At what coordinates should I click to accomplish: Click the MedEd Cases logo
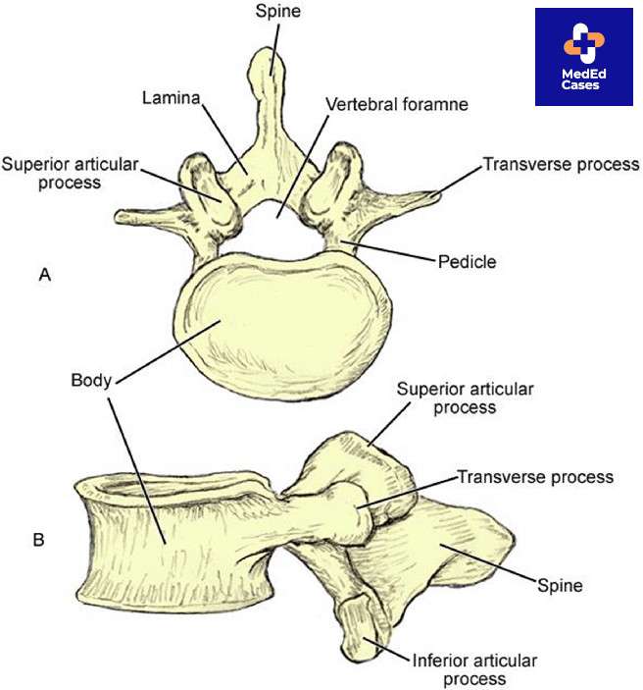pyautogui.click(x=583, y=57)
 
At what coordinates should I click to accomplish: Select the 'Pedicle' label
pyautogui.click(x=467, y=262)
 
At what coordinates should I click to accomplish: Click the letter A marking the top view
pyautogui.click(x=44, y=276)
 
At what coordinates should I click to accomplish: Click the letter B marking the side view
pyautogui.click(x=38, y=539)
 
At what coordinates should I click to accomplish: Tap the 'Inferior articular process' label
pyautogui.click(x=461, y=668)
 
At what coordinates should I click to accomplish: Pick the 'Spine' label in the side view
pyautogui.click(x=561, y=586)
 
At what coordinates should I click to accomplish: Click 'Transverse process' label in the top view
pyautogui.click(x=561, y=165)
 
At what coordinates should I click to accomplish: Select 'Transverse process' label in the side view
pyautogui.click(x=535, y=477)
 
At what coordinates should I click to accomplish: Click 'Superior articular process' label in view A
pyautogui.click(x=69, y=172)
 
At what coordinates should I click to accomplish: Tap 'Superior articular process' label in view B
pyautogui.click(x=466, y=398)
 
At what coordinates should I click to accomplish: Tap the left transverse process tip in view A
pyautogui.click(x=124, y=215)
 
